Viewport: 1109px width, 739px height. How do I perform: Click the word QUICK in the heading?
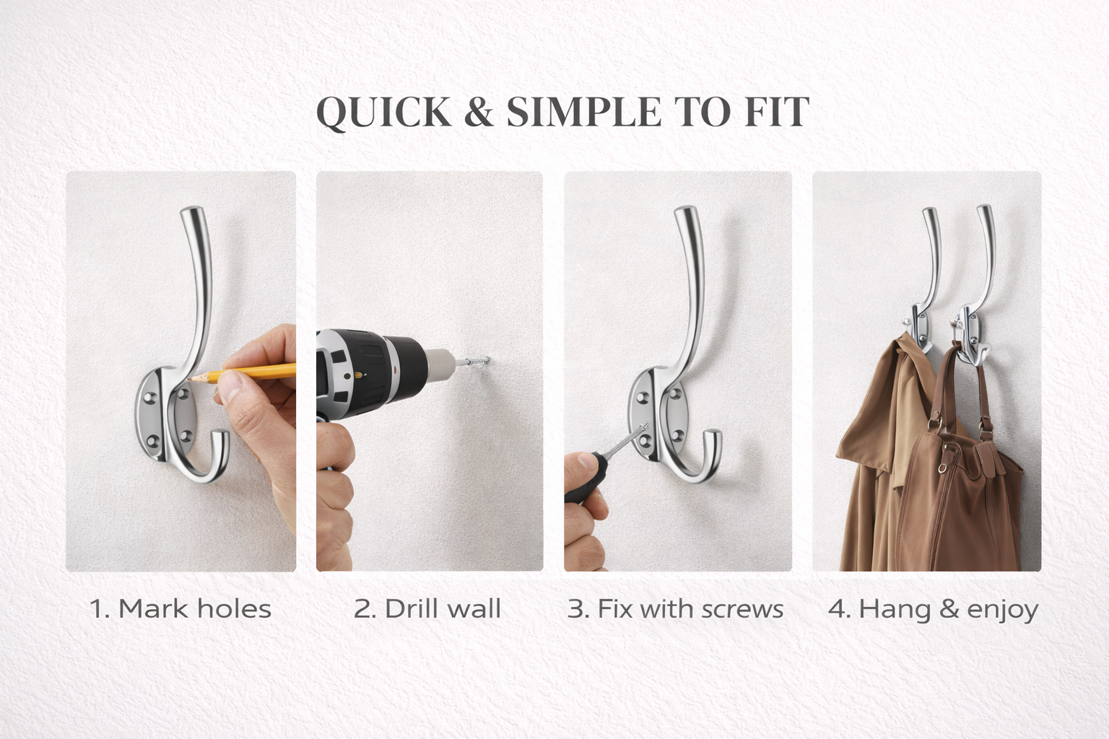coord(383,113)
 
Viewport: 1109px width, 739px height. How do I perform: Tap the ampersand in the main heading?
coord(479,112)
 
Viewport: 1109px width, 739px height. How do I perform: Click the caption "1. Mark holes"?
coord(181,609)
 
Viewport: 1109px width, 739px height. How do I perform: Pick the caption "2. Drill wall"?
coord(427,609)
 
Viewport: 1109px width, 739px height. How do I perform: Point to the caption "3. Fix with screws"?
coord(675,609)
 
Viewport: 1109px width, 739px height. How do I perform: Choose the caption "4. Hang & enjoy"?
coord(934,610)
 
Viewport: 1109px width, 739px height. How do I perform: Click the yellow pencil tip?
coord(190,379)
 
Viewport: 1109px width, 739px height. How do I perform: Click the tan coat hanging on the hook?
coord(871,455)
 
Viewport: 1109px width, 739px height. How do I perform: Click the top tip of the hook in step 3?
coord(686,210)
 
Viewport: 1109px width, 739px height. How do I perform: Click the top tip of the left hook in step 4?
coord(929,210)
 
